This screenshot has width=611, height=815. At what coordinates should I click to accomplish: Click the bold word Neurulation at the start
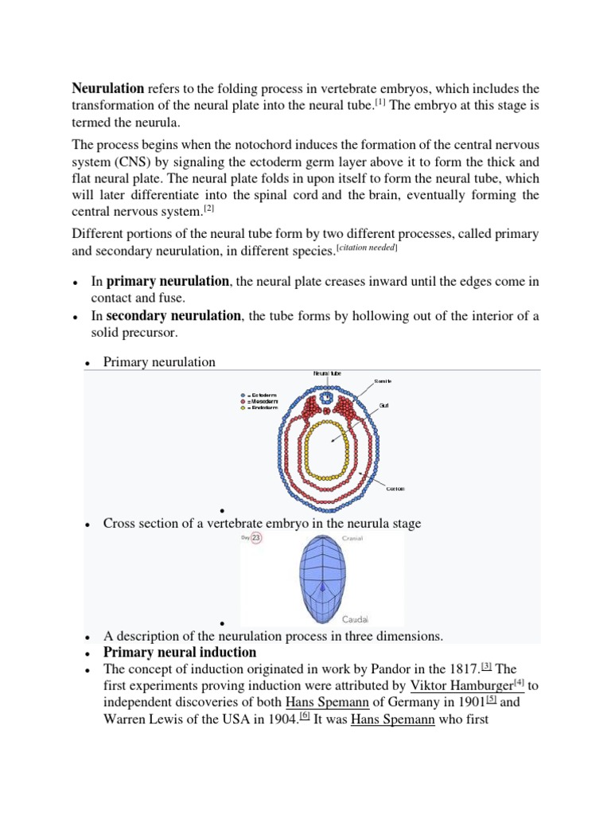108,88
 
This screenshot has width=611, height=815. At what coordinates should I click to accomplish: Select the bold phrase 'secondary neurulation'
173,316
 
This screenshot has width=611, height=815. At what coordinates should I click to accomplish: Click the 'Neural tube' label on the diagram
327,372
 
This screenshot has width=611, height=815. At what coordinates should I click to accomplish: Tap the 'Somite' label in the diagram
382,381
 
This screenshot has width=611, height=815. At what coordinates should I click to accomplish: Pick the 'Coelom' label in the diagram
395,489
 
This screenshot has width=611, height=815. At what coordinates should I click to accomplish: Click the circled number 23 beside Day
256,539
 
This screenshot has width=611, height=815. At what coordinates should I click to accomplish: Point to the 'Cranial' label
353,539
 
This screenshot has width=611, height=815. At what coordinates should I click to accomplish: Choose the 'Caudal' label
355,619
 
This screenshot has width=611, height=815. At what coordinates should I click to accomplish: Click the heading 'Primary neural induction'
180,653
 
